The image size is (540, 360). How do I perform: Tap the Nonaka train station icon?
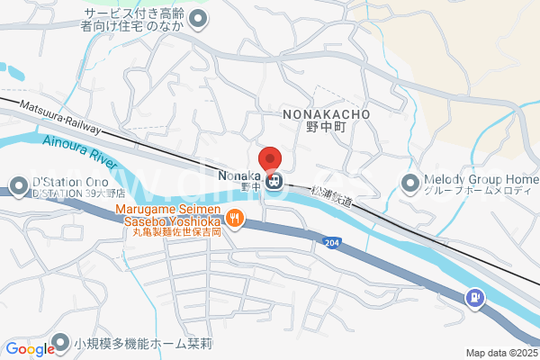point(274,181)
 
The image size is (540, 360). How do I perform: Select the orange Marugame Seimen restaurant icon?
point(235,216)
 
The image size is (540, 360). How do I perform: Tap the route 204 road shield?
point(330,242)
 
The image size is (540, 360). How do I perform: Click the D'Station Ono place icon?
point(17,186)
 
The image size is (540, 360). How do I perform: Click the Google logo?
point(30,349)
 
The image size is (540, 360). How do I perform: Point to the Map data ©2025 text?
point(500,353)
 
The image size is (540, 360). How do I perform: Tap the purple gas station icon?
point(473,297)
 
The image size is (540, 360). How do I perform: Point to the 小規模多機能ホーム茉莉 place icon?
point(60,342)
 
